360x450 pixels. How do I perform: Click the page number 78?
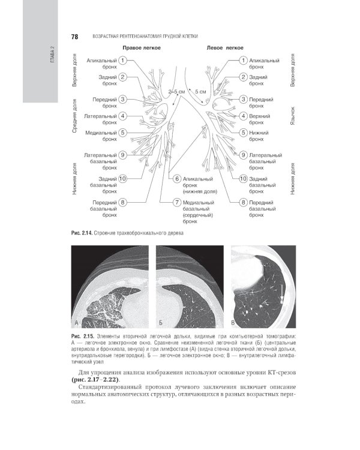tap(75, 37)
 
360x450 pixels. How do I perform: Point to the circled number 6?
tap(178, 179)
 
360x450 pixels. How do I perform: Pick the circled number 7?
tap(178, 203)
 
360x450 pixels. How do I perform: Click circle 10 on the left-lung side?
tap(243, 179)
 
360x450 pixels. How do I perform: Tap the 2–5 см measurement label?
tap(178, 91)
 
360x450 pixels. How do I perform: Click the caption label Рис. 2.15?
tap(82, 334)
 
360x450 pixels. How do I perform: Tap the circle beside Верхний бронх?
tap(243, 116)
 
